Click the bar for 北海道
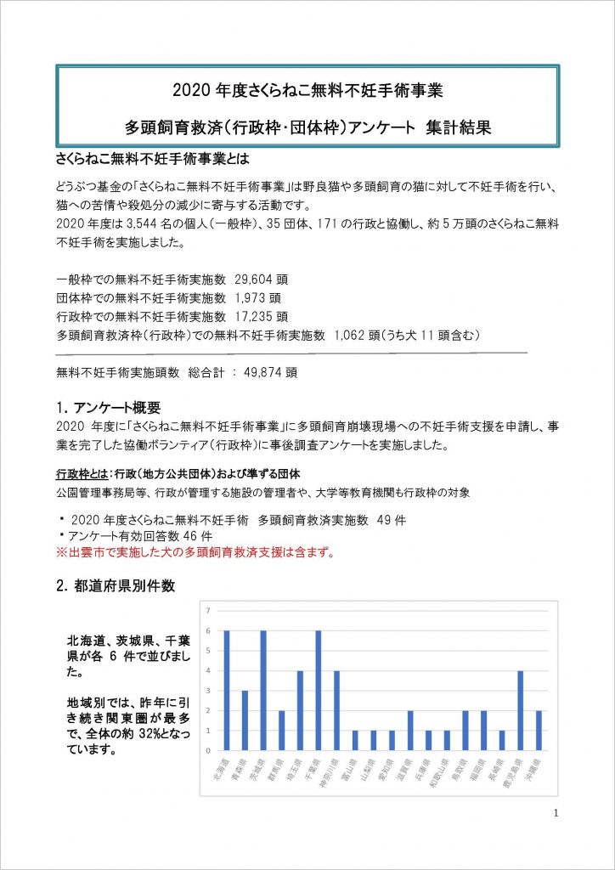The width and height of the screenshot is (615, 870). [227, 691]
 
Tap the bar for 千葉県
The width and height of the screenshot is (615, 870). [319, 691]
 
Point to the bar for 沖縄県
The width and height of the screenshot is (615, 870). [539, 731]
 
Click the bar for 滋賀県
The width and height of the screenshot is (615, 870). [410, 731]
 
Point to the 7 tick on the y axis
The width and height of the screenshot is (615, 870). [206, 610]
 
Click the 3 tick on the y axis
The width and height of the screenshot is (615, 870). [206, 691]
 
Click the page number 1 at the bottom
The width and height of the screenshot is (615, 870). [556, 813]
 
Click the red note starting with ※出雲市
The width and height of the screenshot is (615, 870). [195, 553]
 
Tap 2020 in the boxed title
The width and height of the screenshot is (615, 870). [189, 88]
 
